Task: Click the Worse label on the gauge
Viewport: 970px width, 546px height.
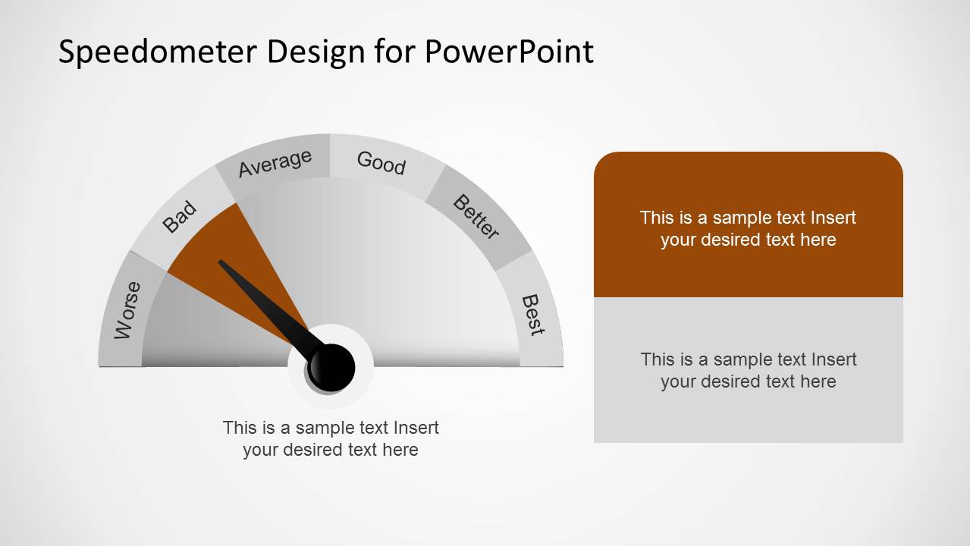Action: tap(127, 310)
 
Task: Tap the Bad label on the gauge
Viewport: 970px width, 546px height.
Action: tap(180, 218)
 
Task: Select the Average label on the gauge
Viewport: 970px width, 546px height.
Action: tap(275, 163)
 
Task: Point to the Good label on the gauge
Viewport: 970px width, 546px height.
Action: tap(381, 162)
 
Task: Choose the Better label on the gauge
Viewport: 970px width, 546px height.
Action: tap(476, 217)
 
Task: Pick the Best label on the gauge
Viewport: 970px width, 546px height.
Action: tap(532, 315)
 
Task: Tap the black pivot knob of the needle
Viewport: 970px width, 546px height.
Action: tap(331, 367)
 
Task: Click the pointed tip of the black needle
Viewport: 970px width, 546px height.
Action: tap(221, 262)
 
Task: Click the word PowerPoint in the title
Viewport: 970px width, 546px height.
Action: tap(509, 52)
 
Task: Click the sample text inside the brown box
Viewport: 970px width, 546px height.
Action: tap(748, 228)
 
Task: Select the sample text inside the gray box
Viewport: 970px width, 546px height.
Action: tap(748, 370)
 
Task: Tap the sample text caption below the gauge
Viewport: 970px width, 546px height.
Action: tap(331, 438)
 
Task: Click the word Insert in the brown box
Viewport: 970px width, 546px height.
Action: tap(833, 218)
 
